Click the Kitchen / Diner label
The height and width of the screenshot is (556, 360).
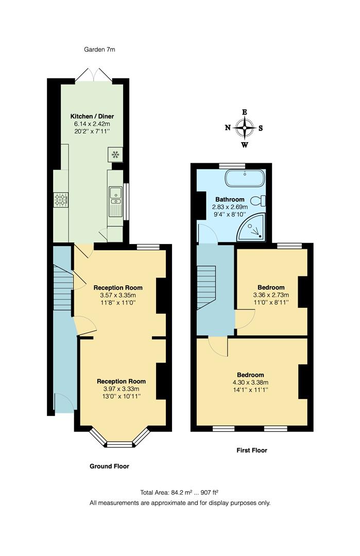click(92, 116)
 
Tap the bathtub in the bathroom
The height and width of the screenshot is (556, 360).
click(245, 179)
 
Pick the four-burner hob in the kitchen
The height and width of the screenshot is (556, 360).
click(61, 199)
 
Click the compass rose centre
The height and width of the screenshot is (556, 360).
click(245, 128)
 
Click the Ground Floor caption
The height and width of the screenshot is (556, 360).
click(109, 466)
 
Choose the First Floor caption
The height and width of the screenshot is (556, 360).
click(252, 450)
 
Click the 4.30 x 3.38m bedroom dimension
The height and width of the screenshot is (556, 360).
click(250, 383)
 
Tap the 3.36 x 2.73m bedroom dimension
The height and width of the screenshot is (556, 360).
click(271, 295)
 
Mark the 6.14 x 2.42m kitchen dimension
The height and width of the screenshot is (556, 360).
click(92, 124)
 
